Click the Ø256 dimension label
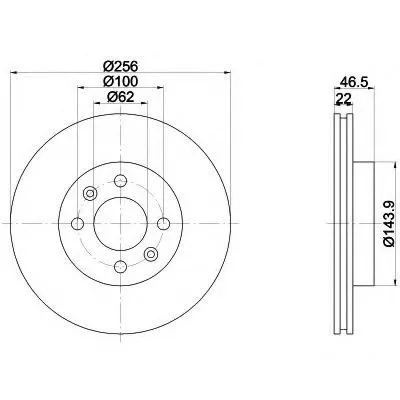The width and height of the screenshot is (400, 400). tap(120, 66)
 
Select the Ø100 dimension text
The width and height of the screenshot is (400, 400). tap(120, 82)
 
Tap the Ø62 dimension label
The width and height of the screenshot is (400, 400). tap(120, 97)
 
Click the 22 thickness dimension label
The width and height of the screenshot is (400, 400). tap(344, 98)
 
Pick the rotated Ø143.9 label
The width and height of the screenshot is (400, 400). tap(390, 223)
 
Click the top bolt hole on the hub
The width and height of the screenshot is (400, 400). tap(120, 181)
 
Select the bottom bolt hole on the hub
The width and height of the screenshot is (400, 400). tap(120, 266)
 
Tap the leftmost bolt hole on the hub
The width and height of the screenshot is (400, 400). tap(78, 223)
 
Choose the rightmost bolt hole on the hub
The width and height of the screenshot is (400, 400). tap(163, 223)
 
